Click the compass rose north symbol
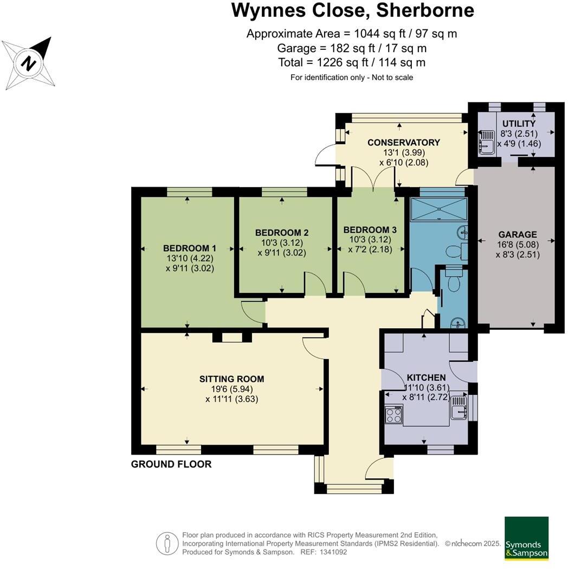(x=29, y=64)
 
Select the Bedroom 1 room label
(x=185, y=248)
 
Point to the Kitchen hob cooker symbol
(x=393, y=415)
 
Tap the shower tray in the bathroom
(x=438, y=208)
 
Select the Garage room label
(x=517, y=235)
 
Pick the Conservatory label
(x=403, y=143)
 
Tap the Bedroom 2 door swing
(x=315, y=283)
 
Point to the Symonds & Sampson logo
(x=526, y=538)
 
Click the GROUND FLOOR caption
(x=171, y=464)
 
